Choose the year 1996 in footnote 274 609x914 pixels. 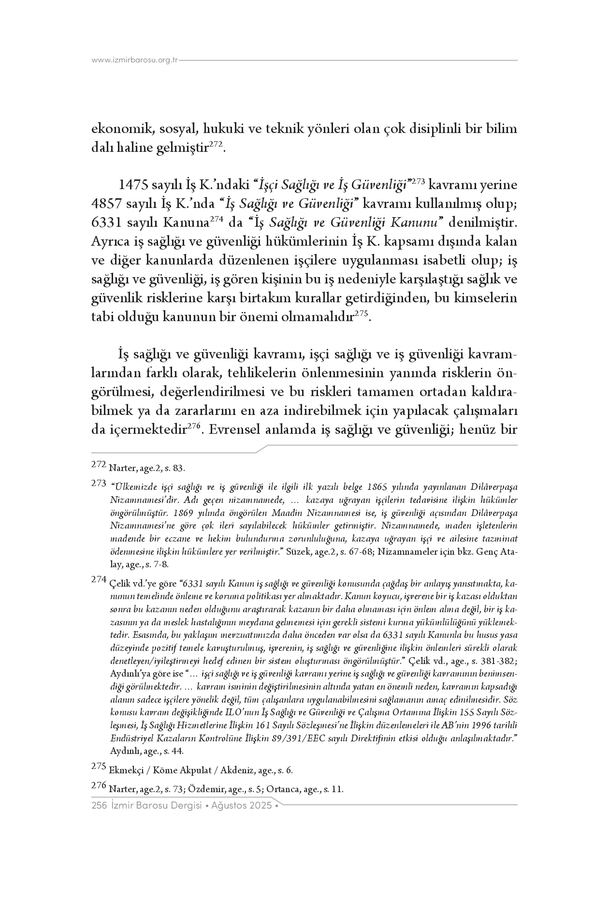pos(487,725)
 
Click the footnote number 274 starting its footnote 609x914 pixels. pos(98,580)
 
